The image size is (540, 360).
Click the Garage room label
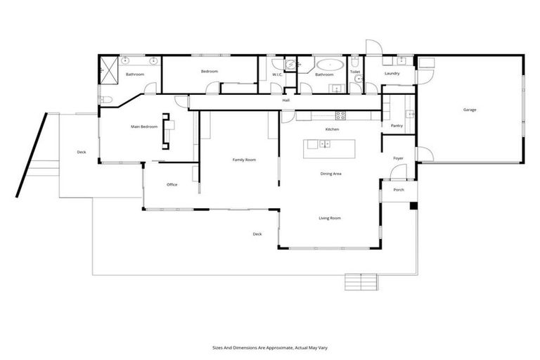click(470, 110)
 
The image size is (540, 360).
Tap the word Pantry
click(396, 126)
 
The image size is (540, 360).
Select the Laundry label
click(392, 73)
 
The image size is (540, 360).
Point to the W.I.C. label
click(278, 74)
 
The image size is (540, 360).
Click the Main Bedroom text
click(144, 127)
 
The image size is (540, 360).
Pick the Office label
click(172, 185)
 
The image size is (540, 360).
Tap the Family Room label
click(244, 160)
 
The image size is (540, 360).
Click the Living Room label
click(330, 219)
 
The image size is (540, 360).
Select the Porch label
click(398, 190)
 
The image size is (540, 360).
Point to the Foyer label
click(398, 158)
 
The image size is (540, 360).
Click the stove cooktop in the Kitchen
click(340, 115)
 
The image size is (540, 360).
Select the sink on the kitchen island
click(324, 144)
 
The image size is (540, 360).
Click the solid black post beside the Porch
click(413, 206)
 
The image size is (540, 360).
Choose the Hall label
click(286, 101)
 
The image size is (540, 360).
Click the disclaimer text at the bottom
click(269, 347)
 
